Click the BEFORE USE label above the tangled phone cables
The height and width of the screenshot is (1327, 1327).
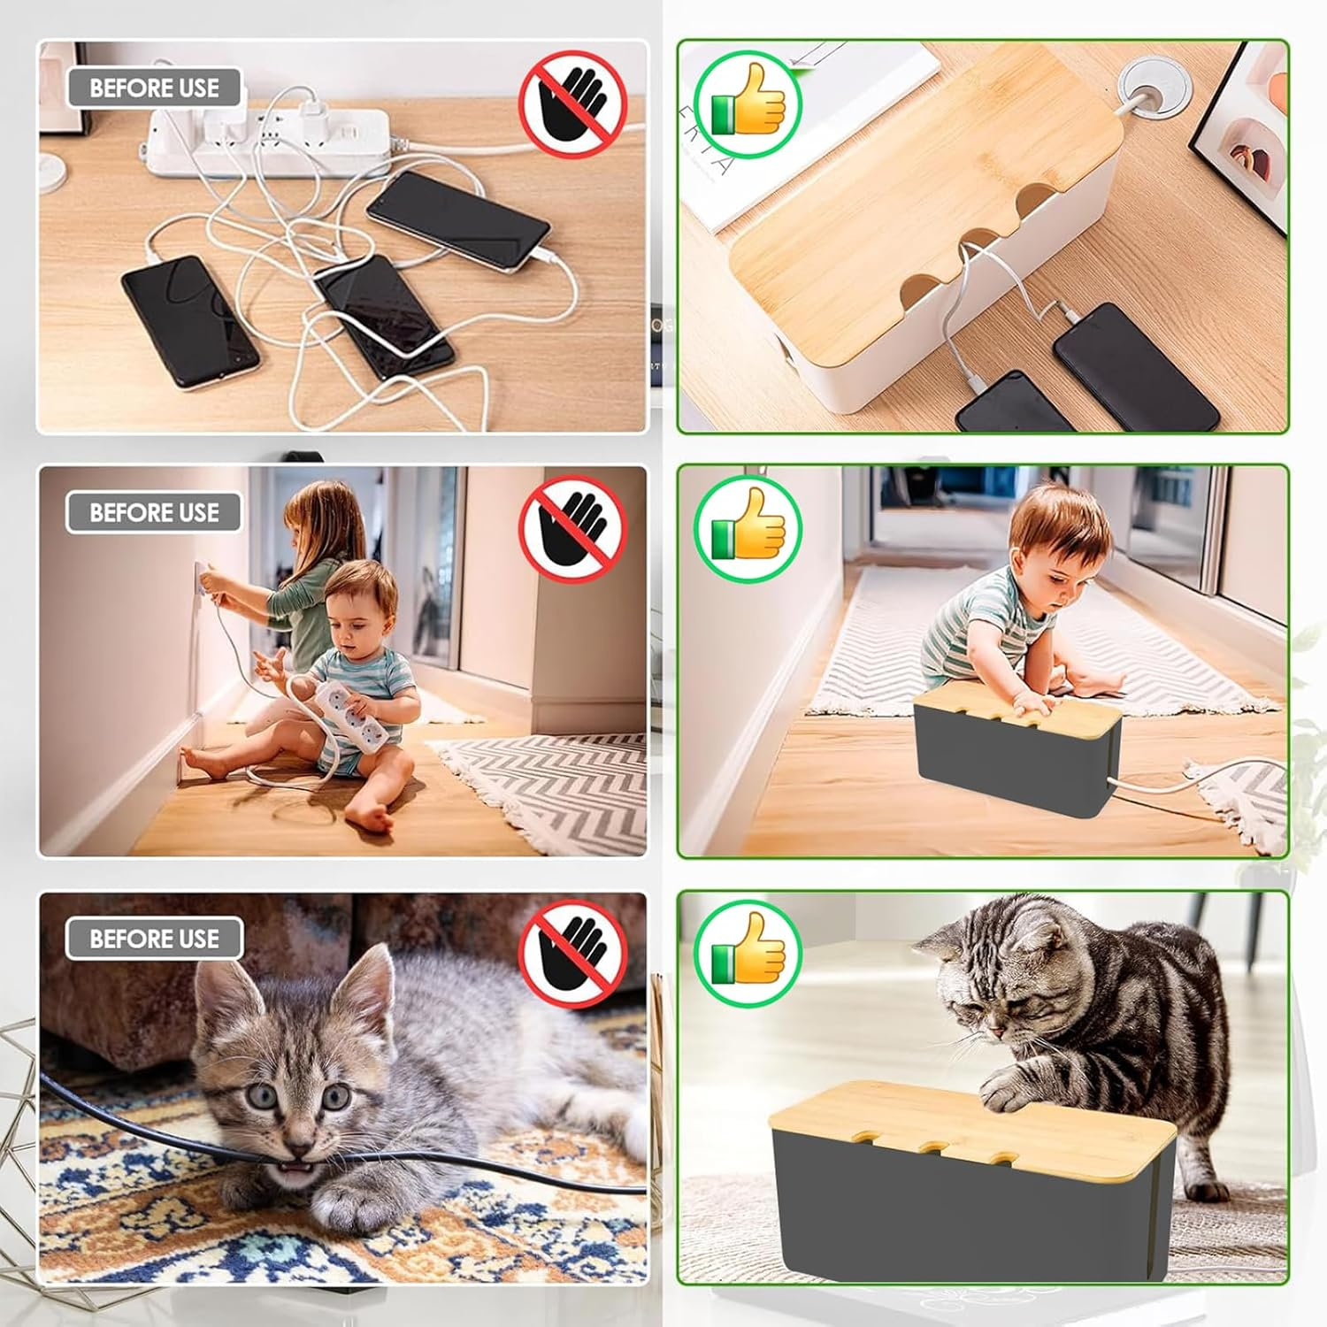pos(154,88)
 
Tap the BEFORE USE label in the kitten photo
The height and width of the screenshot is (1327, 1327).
pos(154,938)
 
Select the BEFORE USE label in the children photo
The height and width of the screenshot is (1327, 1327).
pos(154,512)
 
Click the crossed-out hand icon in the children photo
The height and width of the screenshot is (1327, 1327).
pos(572,528)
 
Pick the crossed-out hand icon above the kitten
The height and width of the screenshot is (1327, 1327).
pos(572,954)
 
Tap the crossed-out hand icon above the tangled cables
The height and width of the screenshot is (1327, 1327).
pos(572,104)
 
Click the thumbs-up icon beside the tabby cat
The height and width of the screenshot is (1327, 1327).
pos(748,954)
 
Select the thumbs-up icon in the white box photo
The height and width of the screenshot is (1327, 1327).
pos(748,104)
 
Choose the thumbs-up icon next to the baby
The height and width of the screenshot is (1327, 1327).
pos(748,529)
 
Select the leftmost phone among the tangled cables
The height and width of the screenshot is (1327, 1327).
pos(189,322)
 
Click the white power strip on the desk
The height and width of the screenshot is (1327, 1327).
pos(265,142)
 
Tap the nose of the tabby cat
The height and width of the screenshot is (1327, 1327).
pos(998,1032)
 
